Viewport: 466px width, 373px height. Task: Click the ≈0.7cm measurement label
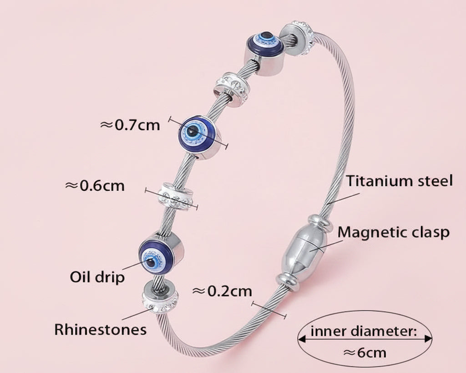click(x=130, y=125)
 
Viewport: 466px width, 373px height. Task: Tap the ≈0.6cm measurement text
click(x=95, y=186)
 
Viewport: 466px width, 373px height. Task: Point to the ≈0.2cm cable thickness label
click(x=222, y=291)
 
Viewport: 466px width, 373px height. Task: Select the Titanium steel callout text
click(x=400, y=180)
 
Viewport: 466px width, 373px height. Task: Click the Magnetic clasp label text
click(x=394, y=233)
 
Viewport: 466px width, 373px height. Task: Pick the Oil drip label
click(x=97, y=277)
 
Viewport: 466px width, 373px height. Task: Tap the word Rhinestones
click(x=101, y=330)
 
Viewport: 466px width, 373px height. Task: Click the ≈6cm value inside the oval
click(x=365, y=353)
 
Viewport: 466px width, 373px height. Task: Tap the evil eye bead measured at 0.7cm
click(x=200, y=137)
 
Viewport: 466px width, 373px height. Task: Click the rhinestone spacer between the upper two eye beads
click(x=232, y=89)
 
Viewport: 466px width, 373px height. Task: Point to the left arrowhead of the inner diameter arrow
click(x=302, y=339)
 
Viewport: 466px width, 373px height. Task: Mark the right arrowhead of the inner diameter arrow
click(x=428, y=339)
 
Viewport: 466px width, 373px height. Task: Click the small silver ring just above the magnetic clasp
click(x=320, y=224)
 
